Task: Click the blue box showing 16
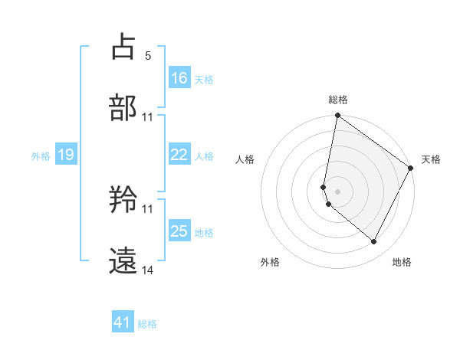click(179, 77)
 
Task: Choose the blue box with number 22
click(179, 155)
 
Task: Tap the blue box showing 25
click(179, 231)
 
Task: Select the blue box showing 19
click(66, 155)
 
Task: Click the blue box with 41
click(123, 322)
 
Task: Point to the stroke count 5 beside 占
click(148, 55)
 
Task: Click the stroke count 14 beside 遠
click(148, 270)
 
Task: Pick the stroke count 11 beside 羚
click(148, 208)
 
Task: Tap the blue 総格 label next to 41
click(147, 324)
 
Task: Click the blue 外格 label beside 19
click(41, 156)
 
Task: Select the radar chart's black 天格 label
click(431, 159)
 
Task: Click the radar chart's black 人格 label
click(245, 159)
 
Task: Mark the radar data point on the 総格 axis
click(337, 116)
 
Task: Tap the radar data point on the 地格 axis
click(374, 242)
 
